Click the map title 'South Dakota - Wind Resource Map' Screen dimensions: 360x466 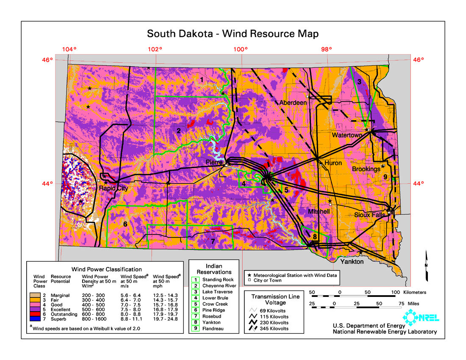pyautogui.click(x=233, y=33)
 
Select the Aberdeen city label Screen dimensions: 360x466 pyautogui.click(x=293, y=103)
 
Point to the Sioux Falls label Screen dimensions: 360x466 pyautogui.click(x=369, y=215)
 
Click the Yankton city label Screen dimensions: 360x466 pyautogui.click(x=352, y=262)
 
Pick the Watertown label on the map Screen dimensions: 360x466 pyautogui.click(x=347, y=135)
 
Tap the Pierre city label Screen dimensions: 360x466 pyautogui.click(x=214, y=163)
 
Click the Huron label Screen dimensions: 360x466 pyautogui.click(x=333, y=163)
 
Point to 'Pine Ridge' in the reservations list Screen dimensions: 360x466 pyautogui.click(x=214, y=310)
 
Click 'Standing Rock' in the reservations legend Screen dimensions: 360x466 pyautogui.click(x=218, y=280)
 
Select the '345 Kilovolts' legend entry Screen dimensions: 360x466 pyautogui.click(x=274, y=329)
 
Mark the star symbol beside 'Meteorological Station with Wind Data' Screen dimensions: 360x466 pyautogui.click(x=250, y=275)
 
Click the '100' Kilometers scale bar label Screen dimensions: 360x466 pyautogui.click(x=395, y=292)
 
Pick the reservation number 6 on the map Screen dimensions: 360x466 pyautogui.click(x=125, y=224)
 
